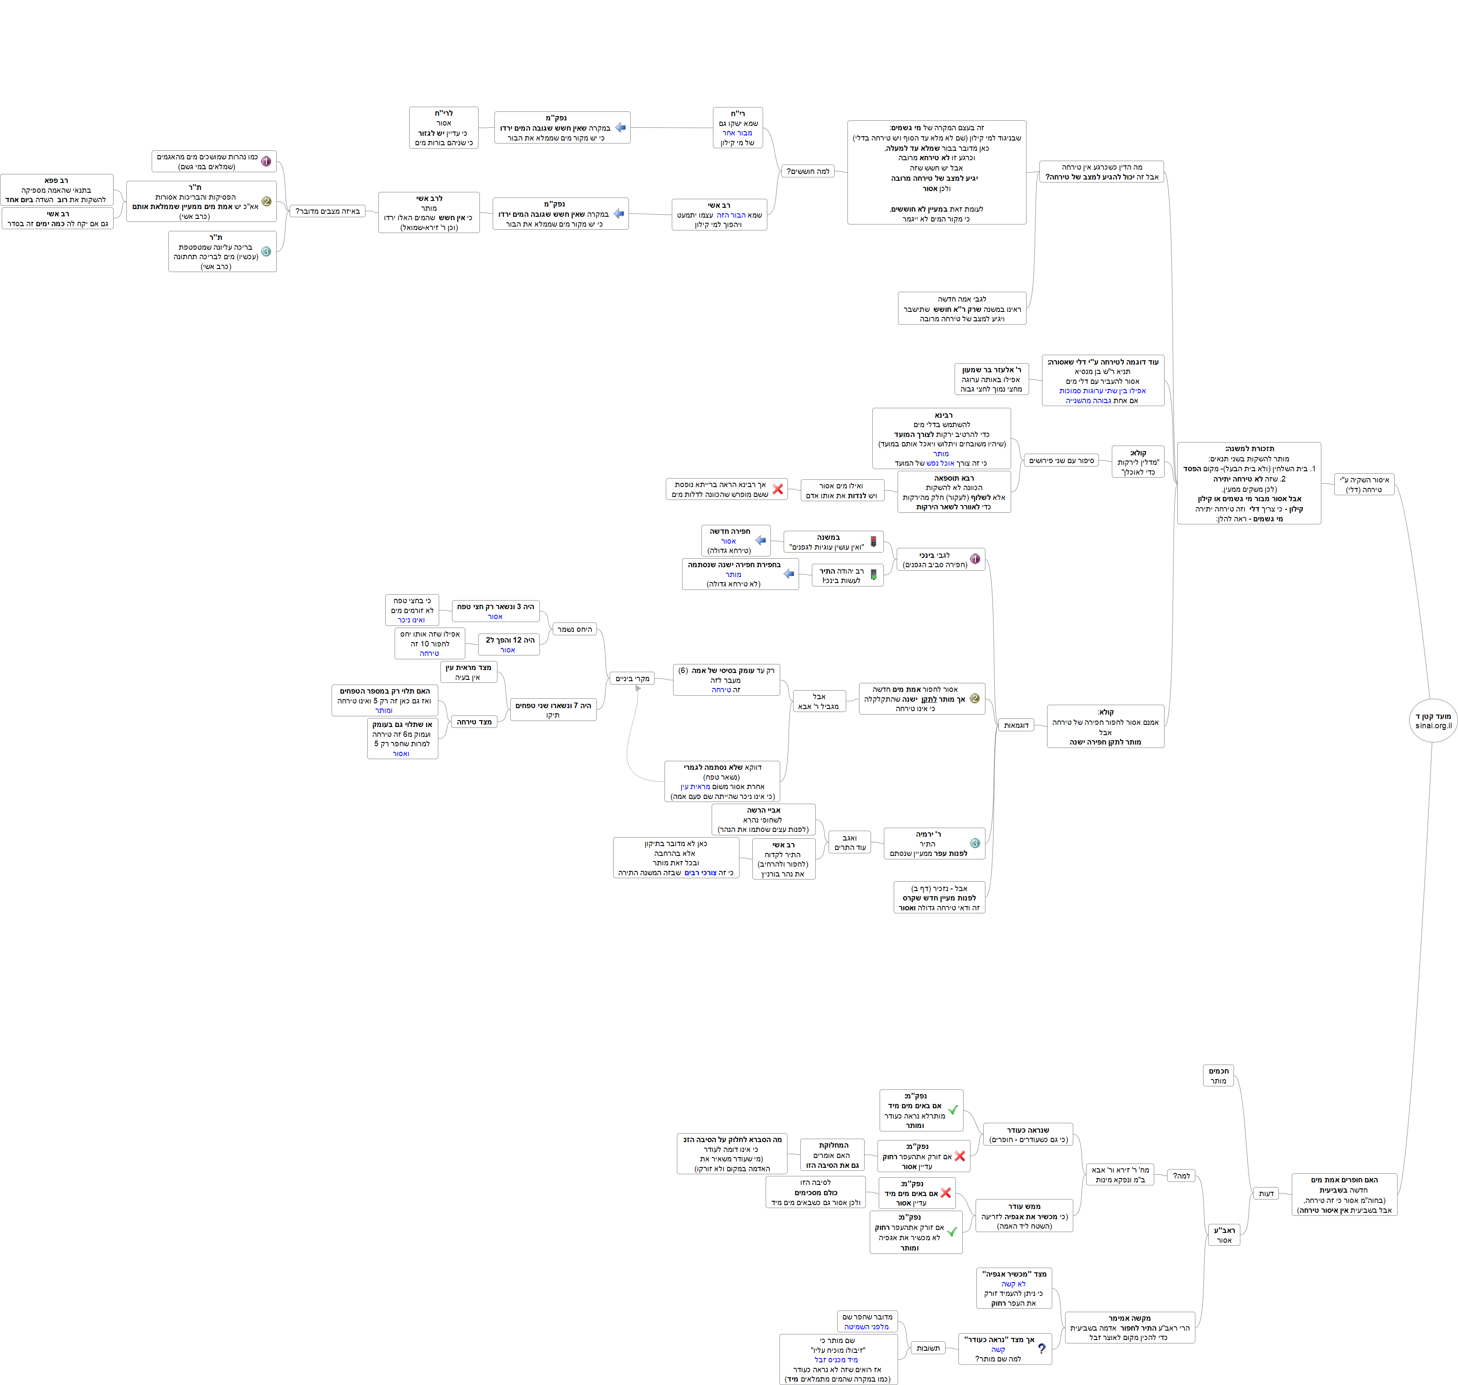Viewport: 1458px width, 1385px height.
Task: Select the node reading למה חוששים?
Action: point(808,171)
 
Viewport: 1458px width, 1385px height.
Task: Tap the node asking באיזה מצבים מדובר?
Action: point(327,211)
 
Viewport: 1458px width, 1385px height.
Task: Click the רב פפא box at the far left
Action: point(57,190)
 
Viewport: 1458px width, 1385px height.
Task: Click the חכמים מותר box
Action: point(1218,1076)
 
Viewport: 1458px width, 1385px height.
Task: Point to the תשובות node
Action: point(928,1348)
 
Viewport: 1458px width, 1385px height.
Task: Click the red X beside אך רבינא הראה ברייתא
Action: point(777,489)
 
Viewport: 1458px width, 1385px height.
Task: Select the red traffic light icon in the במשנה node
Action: point(873,542)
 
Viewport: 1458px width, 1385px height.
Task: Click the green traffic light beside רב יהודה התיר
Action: point(873,574)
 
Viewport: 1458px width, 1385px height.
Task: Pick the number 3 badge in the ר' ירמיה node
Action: point(974,843)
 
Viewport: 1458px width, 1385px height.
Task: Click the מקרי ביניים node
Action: point(632,679)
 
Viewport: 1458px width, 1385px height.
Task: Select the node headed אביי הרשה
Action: point(763,820)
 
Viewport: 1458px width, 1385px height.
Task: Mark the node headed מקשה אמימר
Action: point(1129,1328)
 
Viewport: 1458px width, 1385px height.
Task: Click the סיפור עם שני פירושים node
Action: point(1062,461)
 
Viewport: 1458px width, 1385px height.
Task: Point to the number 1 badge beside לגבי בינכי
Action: point(974,559)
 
